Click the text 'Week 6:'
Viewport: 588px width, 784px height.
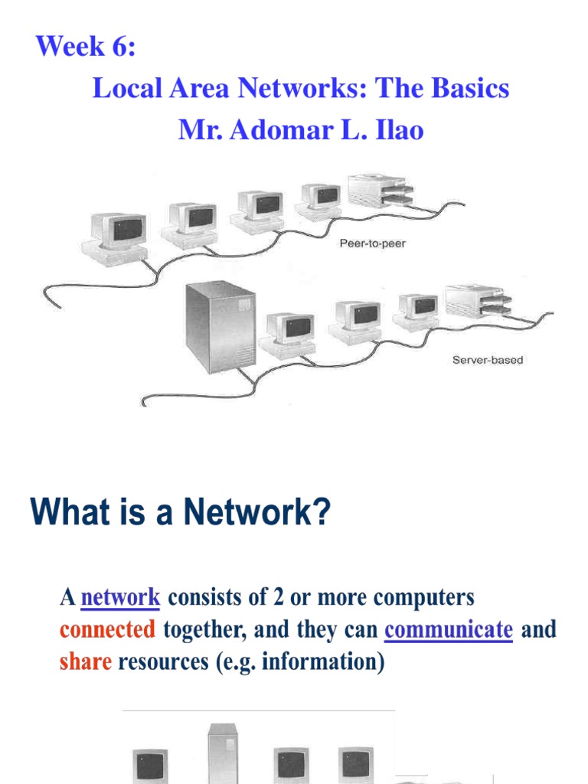pyautogui.click(x=86, y=47)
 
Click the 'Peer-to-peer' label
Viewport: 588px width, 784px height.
pyautogui.click(x=371, y=243)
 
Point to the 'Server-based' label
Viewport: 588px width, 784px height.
pyautogui.click(x=488, y=359)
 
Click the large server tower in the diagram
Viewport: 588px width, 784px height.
pyautogui.click(x=220, y=325)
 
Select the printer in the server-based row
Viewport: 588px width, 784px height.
pyautogui.click(x=475, y=302)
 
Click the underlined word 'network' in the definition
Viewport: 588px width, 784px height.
pyautogui.click(x=120, y=597)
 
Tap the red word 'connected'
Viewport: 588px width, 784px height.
pyautogui.click(x=108, y=629)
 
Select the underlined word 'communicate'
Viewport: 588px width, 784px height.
pyautogui.click(x=449, y=629)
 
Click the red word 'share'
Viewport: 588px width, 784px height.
pyautogui.click(x=86, y=661)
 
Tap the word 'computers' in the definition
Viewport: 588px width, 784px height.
pyautogui.click(x=416, y=597)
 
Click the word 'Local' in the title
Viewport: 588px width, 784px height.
pyautogui.click(x=123, y=89)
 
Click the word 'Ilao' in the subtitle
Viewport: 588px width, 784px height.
pyautogui.click(x=398, y=130)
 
